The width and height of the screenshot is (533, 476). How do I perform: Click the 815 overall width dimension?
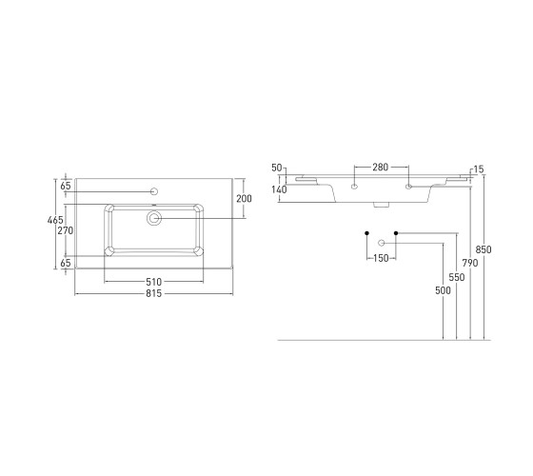pyautogui.click(x=153, y=293)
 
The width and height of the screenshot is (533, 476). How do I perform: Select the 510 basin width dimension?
pyautogui.click(x=153, y=282)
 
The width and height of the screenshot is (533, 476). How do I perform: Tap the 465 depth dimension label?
pyautogui.click(x=55, y=220)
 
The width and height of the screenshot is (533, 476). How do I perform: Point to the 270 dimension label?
pyautogui.click(x=66, y=230)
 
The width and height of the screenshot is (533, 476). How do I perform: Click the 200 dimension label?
pyautogui.click(x=244, y=199)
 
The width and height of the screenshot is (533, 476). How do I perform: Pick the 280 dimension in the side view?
pyautogui.click(x=381, y=168)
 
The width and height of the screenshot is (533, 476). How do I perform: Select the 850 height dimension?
pyautogui.click(x=484, y=249)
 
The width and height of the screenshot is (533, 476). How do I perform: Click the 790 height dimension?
pyautogui.click(x=470, y=263)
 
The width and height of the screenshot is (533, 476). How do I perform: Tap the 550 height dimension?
pyautogui.click(x=457, y=278)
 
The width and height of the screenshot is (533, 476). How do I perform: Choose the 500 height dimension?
pyautogui.click(x=443, y=290)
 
